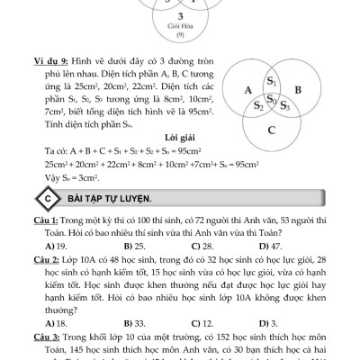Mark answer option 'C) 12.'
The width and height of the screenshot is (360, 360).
coord(202,321)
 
